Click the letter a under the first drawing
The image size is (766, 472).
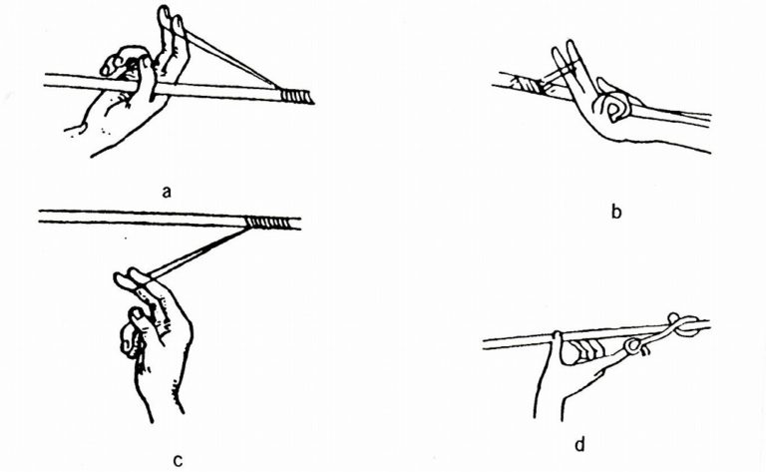coord(167,192)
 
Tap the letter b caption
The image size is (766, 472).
coord(616,212)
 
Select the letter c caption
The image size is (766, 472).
coord(179,460)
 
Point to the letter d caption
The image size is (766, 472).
coord(579,445)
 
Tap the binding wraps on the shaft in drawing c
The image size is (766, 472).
coord(266,224)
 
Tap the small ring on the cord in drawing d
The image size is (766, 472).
coord(632,346)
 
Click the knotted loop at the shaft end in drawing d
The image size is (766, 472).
coord(683,325)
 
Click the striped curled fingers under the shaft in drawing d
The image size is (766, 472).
coord(584,351)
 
